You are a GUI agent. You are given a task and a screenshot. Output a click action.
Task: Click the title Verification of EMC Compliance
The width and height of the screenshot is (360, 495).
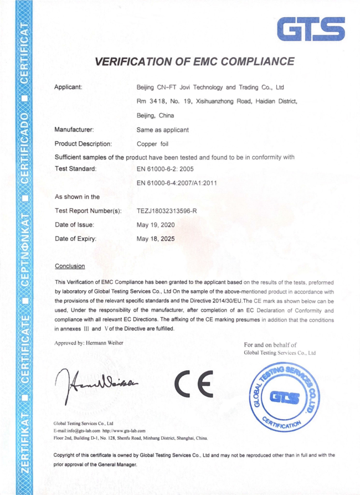[194, 61]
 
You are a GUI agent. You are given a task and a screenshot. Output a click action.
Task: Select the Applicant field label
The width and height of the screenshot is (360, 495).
[69, 87]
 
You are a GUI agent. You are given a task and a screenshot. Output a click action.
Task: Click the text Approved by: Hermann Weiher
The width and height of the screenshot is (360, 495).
[89, 342]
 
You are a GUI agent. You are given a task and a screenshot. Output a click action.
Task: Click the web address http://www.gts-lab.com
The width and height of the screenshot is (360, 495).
[124, 430]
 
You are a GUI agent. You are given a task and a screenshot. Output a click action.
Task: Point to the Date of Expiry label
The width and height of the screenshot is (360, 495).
[75, 239]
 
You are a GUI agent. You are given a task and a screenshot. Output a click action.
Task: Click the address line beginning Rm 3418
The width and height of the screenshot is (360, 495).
[217, 101]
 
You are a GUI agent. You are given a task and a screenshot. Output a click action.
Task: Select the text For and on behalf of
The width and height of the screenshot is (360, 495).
[270, 345]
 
